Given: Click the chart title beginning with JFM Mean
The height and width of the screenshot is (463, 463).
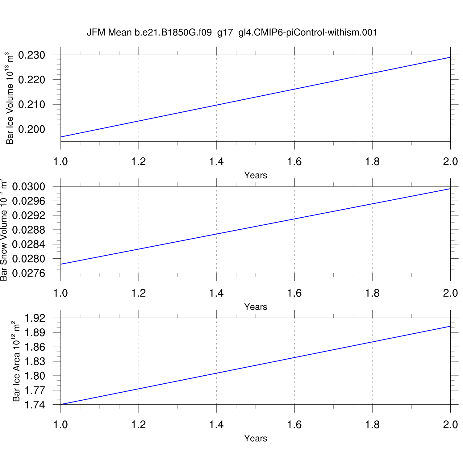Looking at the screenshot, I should coord(232,32).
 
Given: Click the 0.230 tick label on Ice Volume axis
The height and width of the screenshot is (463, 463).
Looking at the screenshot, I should coord(31,55).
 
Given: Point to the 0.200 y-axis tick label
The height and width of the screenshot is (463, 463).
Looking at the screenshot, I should coord(31,129).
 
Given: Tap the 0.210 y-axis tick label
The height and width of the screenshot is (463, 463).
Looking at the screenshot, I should coord(31,105).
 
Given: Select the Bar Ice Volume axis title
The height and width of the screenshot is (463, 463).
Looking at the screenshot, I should coord(10,98).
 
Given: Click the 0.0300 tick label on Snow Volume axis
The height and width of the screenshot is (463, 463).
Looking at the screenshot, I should coord(28,187).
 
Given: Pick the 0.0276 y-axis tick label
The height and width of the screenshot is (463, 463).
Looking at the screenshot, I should coord(28,273).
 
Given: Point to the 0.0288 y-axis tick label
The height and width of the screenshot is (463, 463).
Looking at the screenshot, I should coord(28,230).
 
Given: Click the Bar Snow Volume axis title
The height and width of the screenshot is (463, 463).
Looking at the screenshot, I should coord(3,230).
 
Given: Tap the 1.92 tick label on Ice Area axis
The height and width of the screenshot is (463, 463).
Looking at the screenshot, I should coord(35,318).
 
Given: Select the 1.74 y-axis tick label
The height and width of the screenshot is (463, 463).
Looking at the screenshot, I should coord(35,405).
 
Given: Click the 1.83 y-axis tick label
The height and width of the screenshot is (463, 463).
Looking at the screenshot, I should coord(35,361).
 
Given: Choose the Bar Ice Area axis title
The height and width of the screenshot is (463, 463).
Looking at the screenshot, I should coord(16,361).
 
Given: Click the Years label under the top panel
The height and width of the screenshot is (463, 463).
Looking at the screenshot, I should coord(256,175).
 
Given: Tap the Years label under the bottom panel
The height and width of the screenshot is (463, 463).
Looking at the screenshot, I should coord(256,438).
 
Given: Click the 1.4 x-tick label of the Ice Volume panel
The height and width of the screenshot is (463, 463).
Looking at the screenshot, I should coord(216,161).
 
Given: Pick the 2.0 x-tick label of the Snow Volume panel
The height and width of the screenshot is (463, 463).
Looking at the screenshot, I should coord(450,293).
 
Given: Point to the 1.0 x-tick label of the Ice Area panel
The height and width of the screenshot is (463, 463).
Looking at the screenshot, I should coord(60,425).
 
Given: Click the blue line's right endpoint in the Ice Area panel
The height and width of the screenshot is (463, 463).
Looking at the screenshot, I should coord(450,326).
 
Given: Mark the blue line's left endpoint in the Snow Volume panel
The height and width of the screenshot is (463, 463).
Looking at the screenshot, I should coord(61,264).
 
